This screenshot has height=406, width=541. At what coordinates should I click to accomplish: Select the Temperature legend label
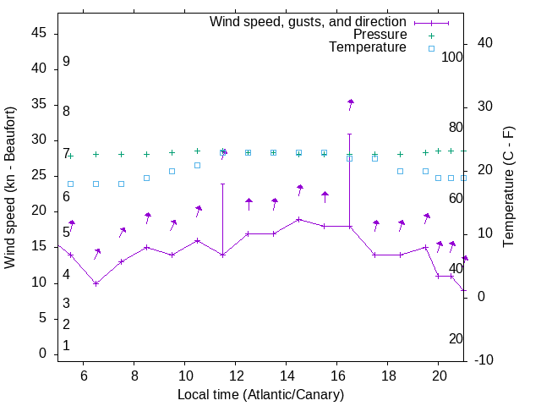click(x=368, y=47)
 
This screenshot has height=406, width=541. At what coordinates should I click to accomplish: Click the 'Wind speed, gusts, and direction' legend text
click(x=309, y=21)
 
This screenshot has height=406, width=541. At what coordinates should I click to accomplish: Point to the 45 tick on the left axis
click(x=39, y=33)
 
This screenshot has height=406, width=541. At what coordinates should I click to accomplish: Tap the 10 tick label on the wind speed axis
click(x=39, y=283)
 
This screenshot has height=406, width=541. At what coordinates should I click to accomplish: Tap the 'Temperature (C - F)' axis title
click(x=508, y=188)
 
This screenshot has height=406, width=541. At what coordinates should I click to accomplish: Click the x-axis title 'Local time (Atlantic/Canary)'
click(x=261, y=394)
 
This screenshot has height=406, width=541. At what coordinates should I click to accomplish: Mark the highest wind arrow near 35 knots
click(x=350, y=103)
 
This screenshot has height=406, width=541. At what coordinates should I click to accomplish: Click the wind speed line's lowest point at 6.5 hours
click(x=96, y=283)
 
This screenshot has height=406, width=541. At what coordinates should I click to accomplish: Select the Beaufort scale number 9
click(x=66, y=62)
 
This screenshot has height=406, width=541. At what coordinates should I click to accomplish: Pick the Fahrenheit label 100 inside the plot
click(x=452, y=57)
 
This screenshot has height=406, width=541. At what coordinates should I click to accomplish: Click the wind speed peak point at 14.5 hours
click(x=299, y=219)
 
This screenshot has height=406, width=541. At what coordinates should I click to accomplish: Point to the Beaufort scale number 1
click(x=66, y=346)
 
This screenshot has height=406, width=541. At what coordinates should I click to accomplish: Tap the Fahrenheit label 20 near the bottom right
click(x=456, y=338)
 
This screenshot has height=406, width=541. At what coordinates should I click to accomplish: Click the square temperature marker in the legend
click(x=431, y=48)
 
